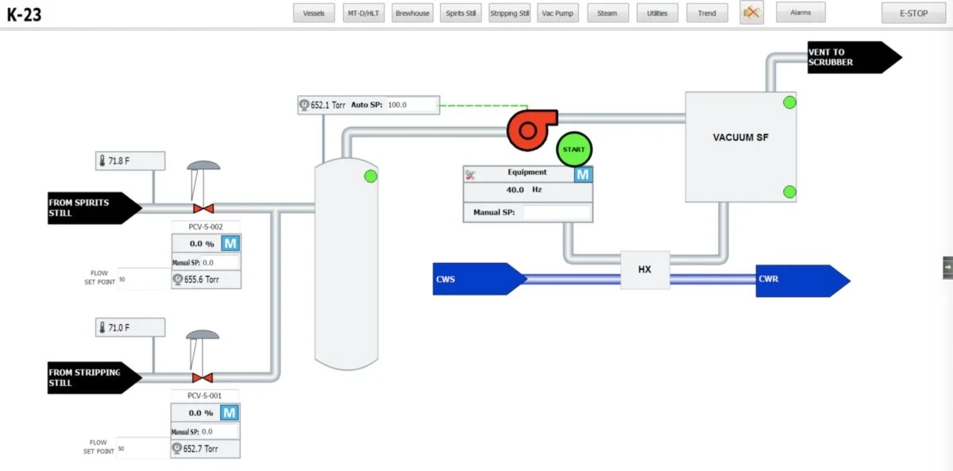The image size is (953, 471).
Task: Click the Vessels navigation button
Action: pyautogui.click(x=314, y=13)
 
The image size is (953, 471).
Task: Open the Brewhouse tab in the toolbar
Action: pyautogui.click(x=412, y=13)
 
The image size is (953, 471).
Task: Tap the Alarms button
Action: pyautogui.click(x=801, y=12)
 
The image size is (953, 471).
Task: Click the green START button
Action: pyautogui.click(x=573, y=149)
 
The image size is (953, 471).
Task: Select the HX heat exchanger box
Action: pyautogui.click(x=644, y=269)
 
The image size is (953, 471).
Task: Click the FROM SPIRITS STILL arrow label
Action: pyautogui.click(x=89, y=207)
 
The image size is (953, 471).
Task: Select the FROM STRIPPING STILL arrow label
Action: pyautogui.click(x=89, y=377)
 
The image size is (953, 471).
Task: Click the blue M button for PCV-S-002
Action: pyautogui.click(x=230, y=243)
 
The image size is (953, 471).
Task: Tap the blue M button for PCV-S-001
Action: pyautogui.click(x=230, y=412)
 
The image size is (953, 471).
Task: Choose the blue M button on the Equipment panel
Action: pyautogui.click(x=583, y=174)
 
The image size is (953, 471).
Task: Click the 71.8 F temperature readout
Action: pyautogui.click(x=130, y=160)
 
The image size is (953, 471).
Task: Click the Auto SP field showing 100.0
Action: pyautogui.click(x=411, y=105)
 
